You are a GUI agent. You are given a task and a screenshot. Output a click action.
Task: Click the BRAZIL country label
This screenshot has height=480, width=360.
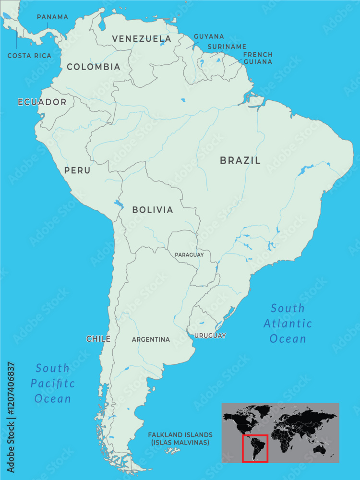pyautogui.click(x=240, y=161)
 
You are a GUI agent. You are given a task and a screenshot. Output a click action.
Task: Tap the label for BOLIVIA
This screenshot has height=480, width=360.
pyautogui.click(x=153, y=210)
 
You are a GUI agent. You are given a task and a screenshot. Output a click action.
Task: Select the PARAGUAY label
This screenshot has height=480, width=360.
pyautogui.click(x=189, y=255)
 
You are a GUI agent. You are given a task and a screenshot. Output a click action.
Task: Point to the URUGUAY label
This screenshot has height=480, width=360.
pyautogui.click(x=210, y=336)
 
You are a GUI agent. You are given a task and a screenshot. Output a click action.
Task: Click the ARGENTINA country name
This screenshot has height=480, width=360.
pyautogui.click(x=151, y=339)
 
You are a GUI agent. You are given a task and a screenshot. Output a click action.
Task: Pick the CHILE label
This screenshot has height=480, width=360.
pyautogui.click(x=98, y=339)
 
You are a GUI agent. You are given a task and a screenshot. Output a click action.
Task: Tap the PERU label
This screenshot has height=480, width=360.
pyautogui.click(x=77, y=170)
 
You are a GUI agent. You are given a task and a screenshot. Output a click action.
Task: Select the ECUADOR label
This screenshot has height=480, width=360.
pyautogui.click(x=42, y=102)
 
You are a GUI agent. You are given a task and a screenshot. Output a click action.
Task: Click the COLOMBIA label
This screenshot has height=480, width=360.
pyautogui.click(x=94, y=67)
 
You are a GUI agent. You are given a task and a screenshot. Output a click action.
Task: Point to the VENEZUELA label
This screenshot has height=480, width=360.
pyautogui.click(x=142, y=39)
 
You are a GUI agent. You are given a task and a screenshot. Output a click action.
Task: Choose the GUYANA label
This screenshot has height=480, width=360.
pyautogui.click(x=209, y=36)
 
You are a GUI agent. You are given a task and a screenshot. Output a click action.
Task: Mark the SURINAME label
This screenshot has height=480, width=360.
pyautogui.click(x=227, y=47)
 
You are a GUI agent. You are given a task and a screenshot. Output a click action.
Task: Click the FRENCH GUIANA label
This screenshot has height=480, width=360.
pyautogui.click(x=257, y=58)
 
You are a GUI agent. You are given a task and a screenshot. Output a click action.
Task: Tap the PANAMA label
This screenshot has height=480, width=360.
pyautogui.click(x=52, y=17)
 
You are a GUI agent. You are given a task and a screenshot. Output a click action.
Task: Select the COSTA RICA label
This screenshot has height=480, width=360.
pyautogui.click(x=29, y=56)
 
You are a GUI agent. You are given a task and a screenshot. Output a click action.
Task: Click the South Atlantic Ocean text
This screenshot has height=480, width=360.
pyautogui.click(x=288, y=324)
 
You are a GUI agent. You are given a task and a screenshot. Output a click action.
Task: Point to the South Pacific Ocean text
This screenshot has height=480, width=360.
pyautogui.click(x=53, y=384)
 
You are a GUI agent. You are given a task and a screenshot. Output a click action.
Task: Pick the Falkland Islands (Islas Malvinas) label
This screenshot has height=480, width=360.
pyautogui.click(x=180, y=438)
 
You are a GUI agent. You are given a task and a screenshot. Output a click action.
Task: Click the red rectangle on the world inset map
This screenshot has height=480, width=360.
pyautogui.click(x=254, y=448)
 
